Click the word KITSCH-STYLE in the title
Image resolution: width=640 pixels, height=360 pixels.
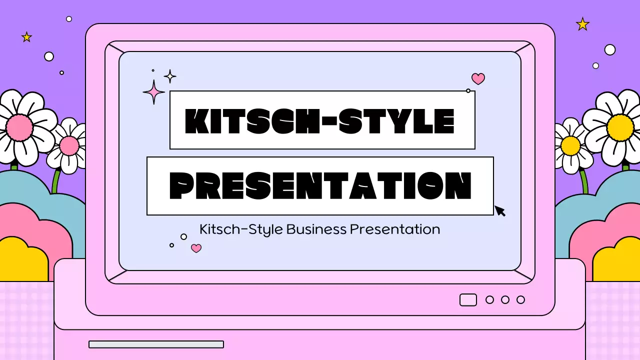point(320,121)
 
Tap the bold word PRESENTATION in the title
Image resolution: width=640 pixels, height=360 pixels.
point(320,185)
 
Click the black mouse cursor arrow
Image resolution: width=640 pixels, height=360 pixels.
point(499,210)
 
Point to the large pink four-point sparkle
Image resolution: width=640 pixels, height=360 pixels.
point(153,92)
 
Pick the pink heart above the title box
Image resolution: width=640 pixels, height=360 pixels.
point(478,78)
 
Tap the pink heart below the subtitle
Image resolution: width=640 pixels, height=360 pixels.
point(196,248)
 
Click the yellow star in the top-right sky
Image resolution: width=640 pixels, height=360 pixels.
point(582,24)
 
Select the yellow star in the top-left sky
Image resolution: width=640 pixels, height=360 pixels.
point(26,37)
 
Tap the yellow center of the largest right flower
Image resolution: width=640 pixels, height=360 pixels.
point(620,127)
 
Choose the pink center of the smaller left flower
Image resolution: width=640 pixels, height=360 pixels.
point(69,146)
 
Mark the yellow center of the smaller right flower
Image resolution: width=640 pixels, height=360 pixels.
point(570,146)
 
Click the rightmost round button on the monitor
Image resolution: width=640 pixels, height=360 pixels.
point(520,299)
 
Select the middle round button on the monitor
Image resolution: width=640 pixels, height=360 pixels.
point(505,299)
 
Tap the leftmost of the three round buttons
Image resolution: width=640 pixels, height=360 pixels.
point(489,299)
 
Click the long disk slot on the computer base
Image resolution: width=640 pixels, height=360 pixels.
point(156,344)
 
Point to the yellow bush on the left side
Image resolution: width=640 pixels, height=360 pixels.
point(22,260)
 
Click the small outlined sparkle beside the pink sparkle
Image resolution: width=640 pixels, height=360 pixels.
point(170,76)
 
